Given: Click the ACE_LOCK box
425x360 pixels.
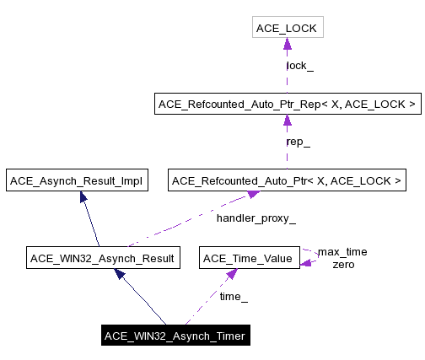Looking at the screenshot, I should [287, 29].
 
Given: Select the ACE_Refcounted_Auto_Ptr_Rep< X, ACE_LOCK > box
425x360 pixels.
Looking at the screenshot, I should [287, 105].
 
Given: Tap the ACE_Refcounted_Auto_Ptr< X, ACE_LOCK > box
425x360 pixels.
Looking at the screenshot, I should [288, 180].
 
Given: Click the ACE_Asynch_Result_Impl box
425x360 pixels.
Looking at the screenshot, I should [76, 180].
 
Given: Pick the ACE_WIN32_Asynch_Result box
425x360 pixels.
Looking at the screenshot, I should [102, 258].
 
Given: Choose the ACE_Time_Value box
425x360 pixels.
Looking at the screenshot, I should [249, 258].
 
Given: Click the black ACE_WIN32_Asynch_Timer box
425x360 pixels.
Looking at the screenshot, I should [175, 336].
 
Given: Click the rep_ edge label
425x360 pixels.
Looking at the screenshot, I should [299, 142].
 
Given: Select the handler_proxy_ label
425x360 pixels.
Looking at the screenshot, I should [256, 219].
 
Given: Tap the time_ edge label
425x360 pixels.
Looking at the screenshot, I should [234, 297].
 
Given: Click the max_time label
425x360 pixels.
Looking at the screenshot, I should [342, 252].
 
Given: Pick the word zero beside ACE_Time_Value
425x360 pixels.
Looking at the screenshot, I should [342, 264].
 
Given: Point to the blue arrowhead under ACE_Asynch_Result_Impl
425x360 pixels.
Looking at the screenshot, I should [83, 196].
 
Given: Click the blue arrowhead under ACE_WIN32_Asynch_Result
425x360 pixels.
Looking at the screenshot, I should [120, 274].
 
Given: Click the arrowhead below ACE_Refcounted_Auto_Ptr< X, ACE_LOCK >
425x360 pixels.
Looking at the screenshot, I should [250, 196].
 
